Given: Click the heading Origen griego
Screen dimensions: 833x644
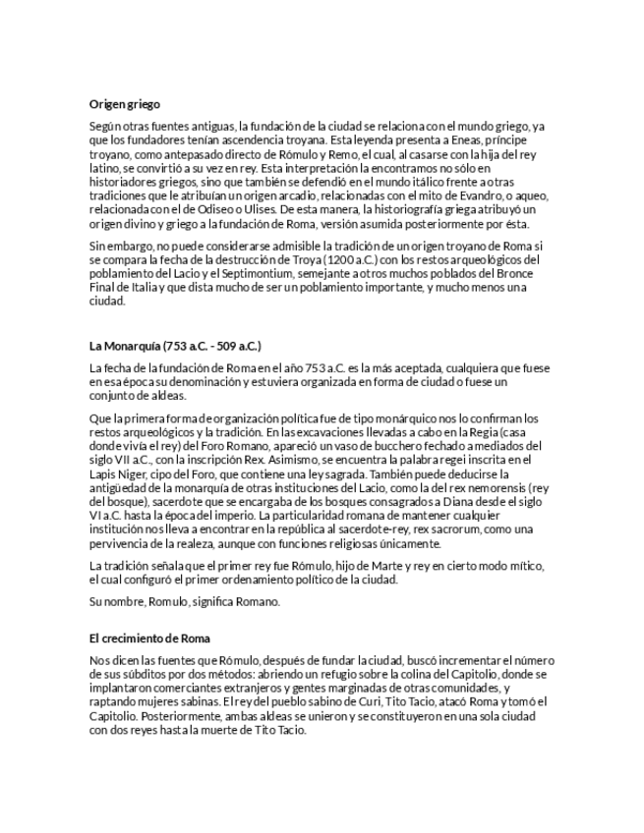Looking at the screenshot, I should pyautogui.click(x=125, y=103).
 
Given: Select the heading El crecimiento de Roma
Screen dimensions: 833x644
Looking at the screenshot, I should pyautogui.click(x=149, y=639).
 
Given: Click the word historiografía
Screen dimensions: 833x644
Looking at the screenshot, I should pyautogui.click(x=422, y=210).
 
